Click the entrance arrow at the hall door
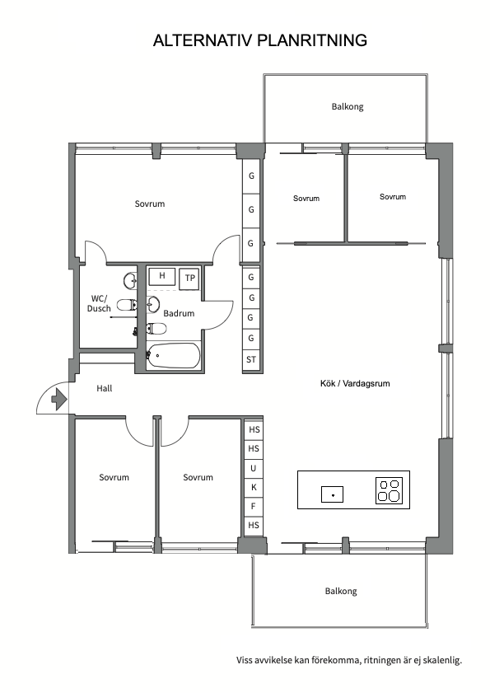pos(59,399)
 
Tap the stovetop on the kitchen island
pos(390,490)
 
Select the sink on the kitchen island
pos(332,494)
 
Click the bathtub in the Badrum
pos(173,355)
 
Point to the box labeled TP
pos(190,279)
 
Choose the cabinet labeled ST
pos(251,360)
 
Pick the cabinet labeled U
pos(253,468)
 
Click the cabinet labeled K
pos(254,488)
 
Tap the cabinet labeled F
pos(253,507)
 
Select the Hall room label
pos(105,388)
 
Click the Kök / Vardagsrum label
pos(355,384)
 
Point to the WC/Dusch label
pos(99,303)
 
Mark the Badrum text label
pos(179,313)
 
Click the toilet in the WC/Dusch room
pos(127,305)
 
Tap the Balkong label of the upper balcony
pos(348,106)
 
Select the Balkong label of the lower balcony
pos(341,592)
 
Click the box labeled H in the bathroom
pos(162,276)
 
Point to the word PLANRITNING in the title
pos(312,40)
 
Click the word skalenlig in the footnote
pos(442,661)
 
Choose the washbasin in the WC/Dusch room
pos(130,280)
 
